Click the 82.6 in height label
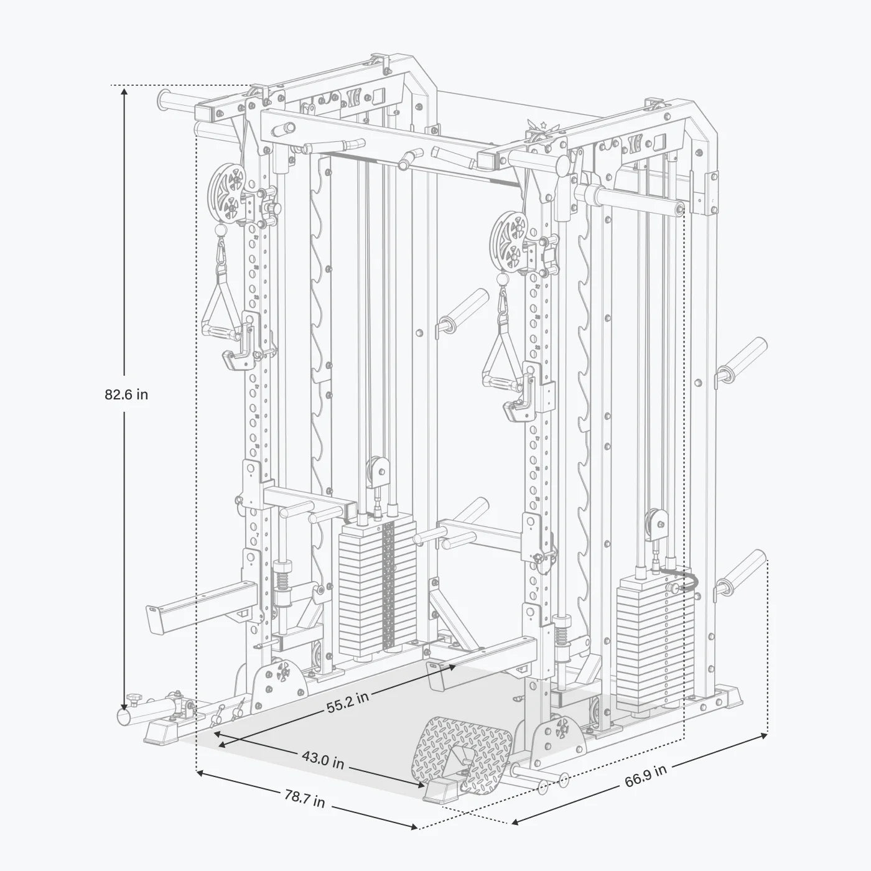126,394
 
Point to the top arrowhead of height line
124,91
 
